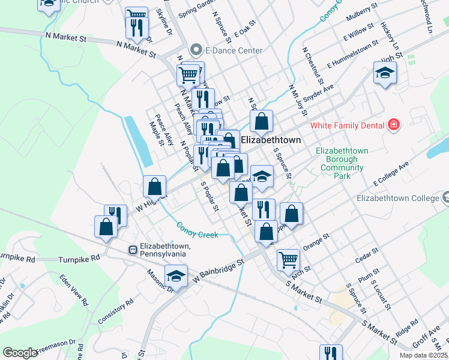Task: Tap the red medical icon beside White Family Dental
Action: click(394, 125)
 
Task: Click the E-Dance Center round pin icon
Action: click(196, 50)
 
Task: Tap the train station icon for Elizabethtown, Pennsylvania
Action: click(131, 250)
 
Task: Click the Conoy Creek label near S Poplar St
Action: click(197, 230)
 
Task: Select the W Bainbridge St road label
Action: click(218, 269)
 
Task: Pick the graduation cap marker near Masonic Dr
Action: click(176, 275)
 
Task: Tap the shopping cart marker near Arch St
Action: click(288, 259)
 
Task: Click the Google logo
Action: click(20, 353)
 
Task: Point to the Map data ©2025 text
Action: click(423, 355)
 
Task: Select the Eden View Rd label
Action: click(74, 290)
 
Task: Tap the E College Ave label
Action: click(390, 173)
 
